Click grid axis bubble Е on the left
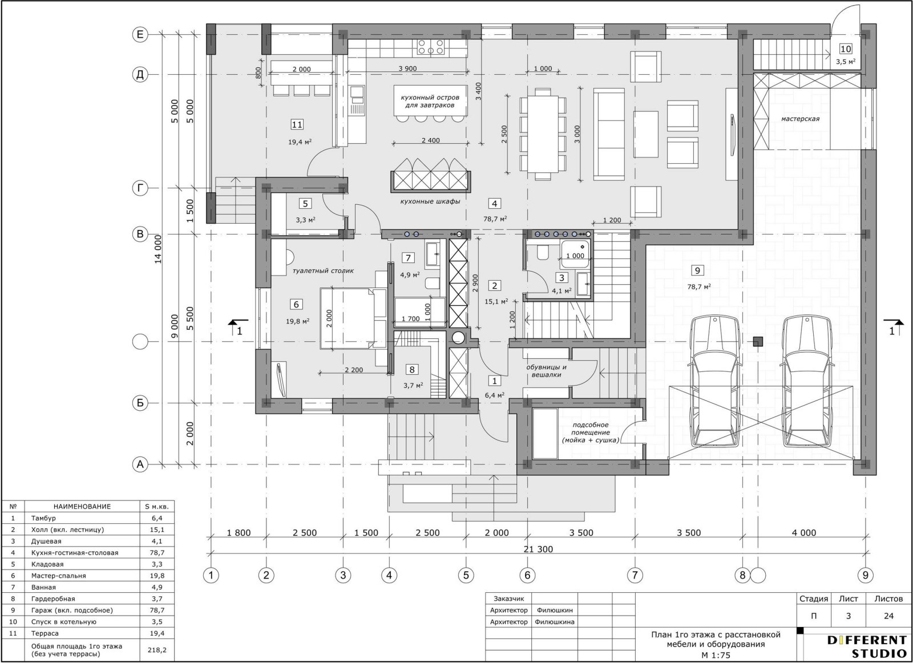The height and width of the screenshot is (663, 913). [x=140, y=35]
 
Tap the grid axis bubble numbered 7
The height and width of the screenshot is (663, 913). [x=635, y=575]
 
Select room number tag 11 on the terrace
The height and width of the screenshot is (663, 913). [x=297, y=124]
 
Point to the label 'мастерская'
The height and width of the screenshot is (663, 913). [x=800, y=119]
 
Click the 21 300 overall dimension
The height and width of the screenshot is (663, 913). [x=538, y=549]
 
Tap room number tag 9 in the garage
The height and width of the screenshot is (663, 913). [x=697, y=270]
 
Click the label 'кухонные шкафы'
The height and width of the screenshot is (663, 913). [x=430, y=201]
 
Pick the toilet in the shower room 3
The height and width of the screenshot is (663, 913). [x=543, y=252]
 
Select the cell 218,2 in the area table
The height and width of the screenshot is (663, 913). [x=157, y=650]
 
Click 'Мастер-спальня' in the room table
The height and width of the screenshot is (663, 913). [x=59, y=576]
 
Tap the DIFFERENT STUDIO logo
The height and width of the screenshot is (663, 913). [x=867, y=646]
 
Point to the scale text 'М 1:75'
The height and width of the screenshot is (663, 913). [x=716, y=656]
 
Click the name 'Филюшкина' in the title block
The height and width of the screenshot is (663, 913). [x=554, y=622]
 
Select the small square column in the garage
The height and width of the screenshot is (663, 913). [x=758, y=341]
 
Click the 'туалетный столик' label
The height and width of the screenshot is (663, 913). [x=323, y=270]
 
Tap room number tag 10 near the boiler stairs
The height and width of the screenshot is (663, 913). [x=846, y=49]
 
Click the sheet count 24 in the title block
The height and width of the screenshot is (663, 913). [x=889, y=616]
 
